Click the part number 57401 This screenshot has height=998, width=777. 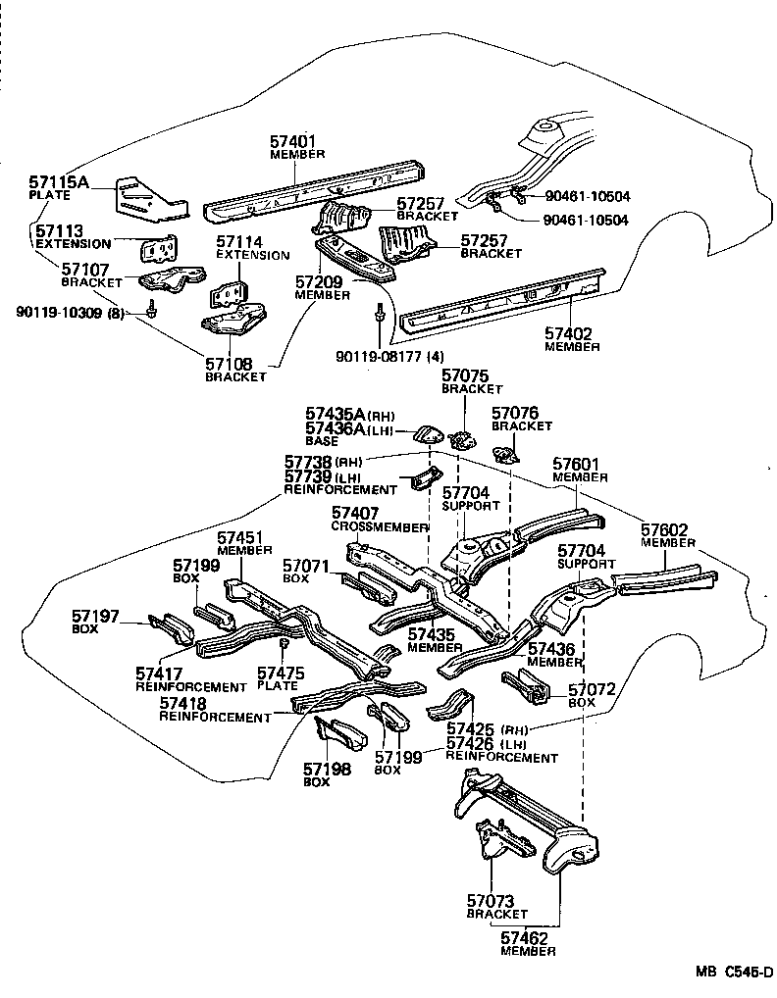[293, 140]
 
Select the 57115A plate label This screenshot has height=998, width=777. [59, 182]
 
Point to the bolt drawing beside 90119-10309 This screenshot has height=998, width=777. [151, 310]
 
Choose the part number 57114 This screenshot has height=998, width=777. [240, 241]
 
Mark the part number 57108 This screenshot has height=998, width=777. [230, 363]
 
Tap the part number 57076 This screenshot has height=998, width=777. [516, 414]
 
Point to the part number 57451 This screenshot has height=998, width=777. [241, 537]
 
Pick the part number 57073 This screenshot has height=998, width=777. [492, 900]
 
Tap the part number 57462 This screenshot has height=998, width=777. [525, 937]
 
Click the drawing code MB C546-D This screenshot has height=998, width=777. [735, 973]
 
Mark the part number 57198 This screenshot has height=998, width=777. [327, 769]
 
